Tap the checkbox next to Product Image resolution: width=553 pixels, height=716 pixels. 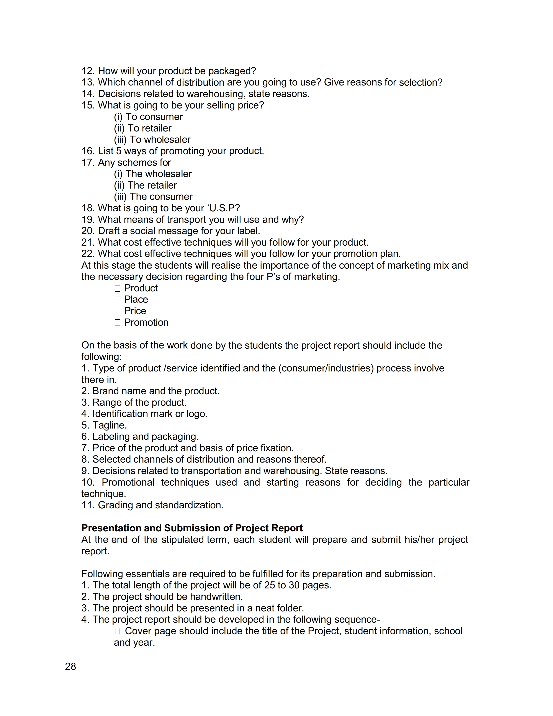118,289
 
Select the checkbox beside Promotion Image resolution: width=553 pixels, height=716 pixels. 118,323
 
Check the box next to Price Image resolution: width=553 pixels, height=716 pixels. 118,311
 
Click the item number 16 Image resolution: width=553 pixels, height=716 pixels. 88,151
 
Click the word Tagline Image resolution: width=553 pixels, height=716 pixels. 109,425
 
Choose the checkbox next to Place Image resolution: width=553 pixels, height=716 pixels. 118,300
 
